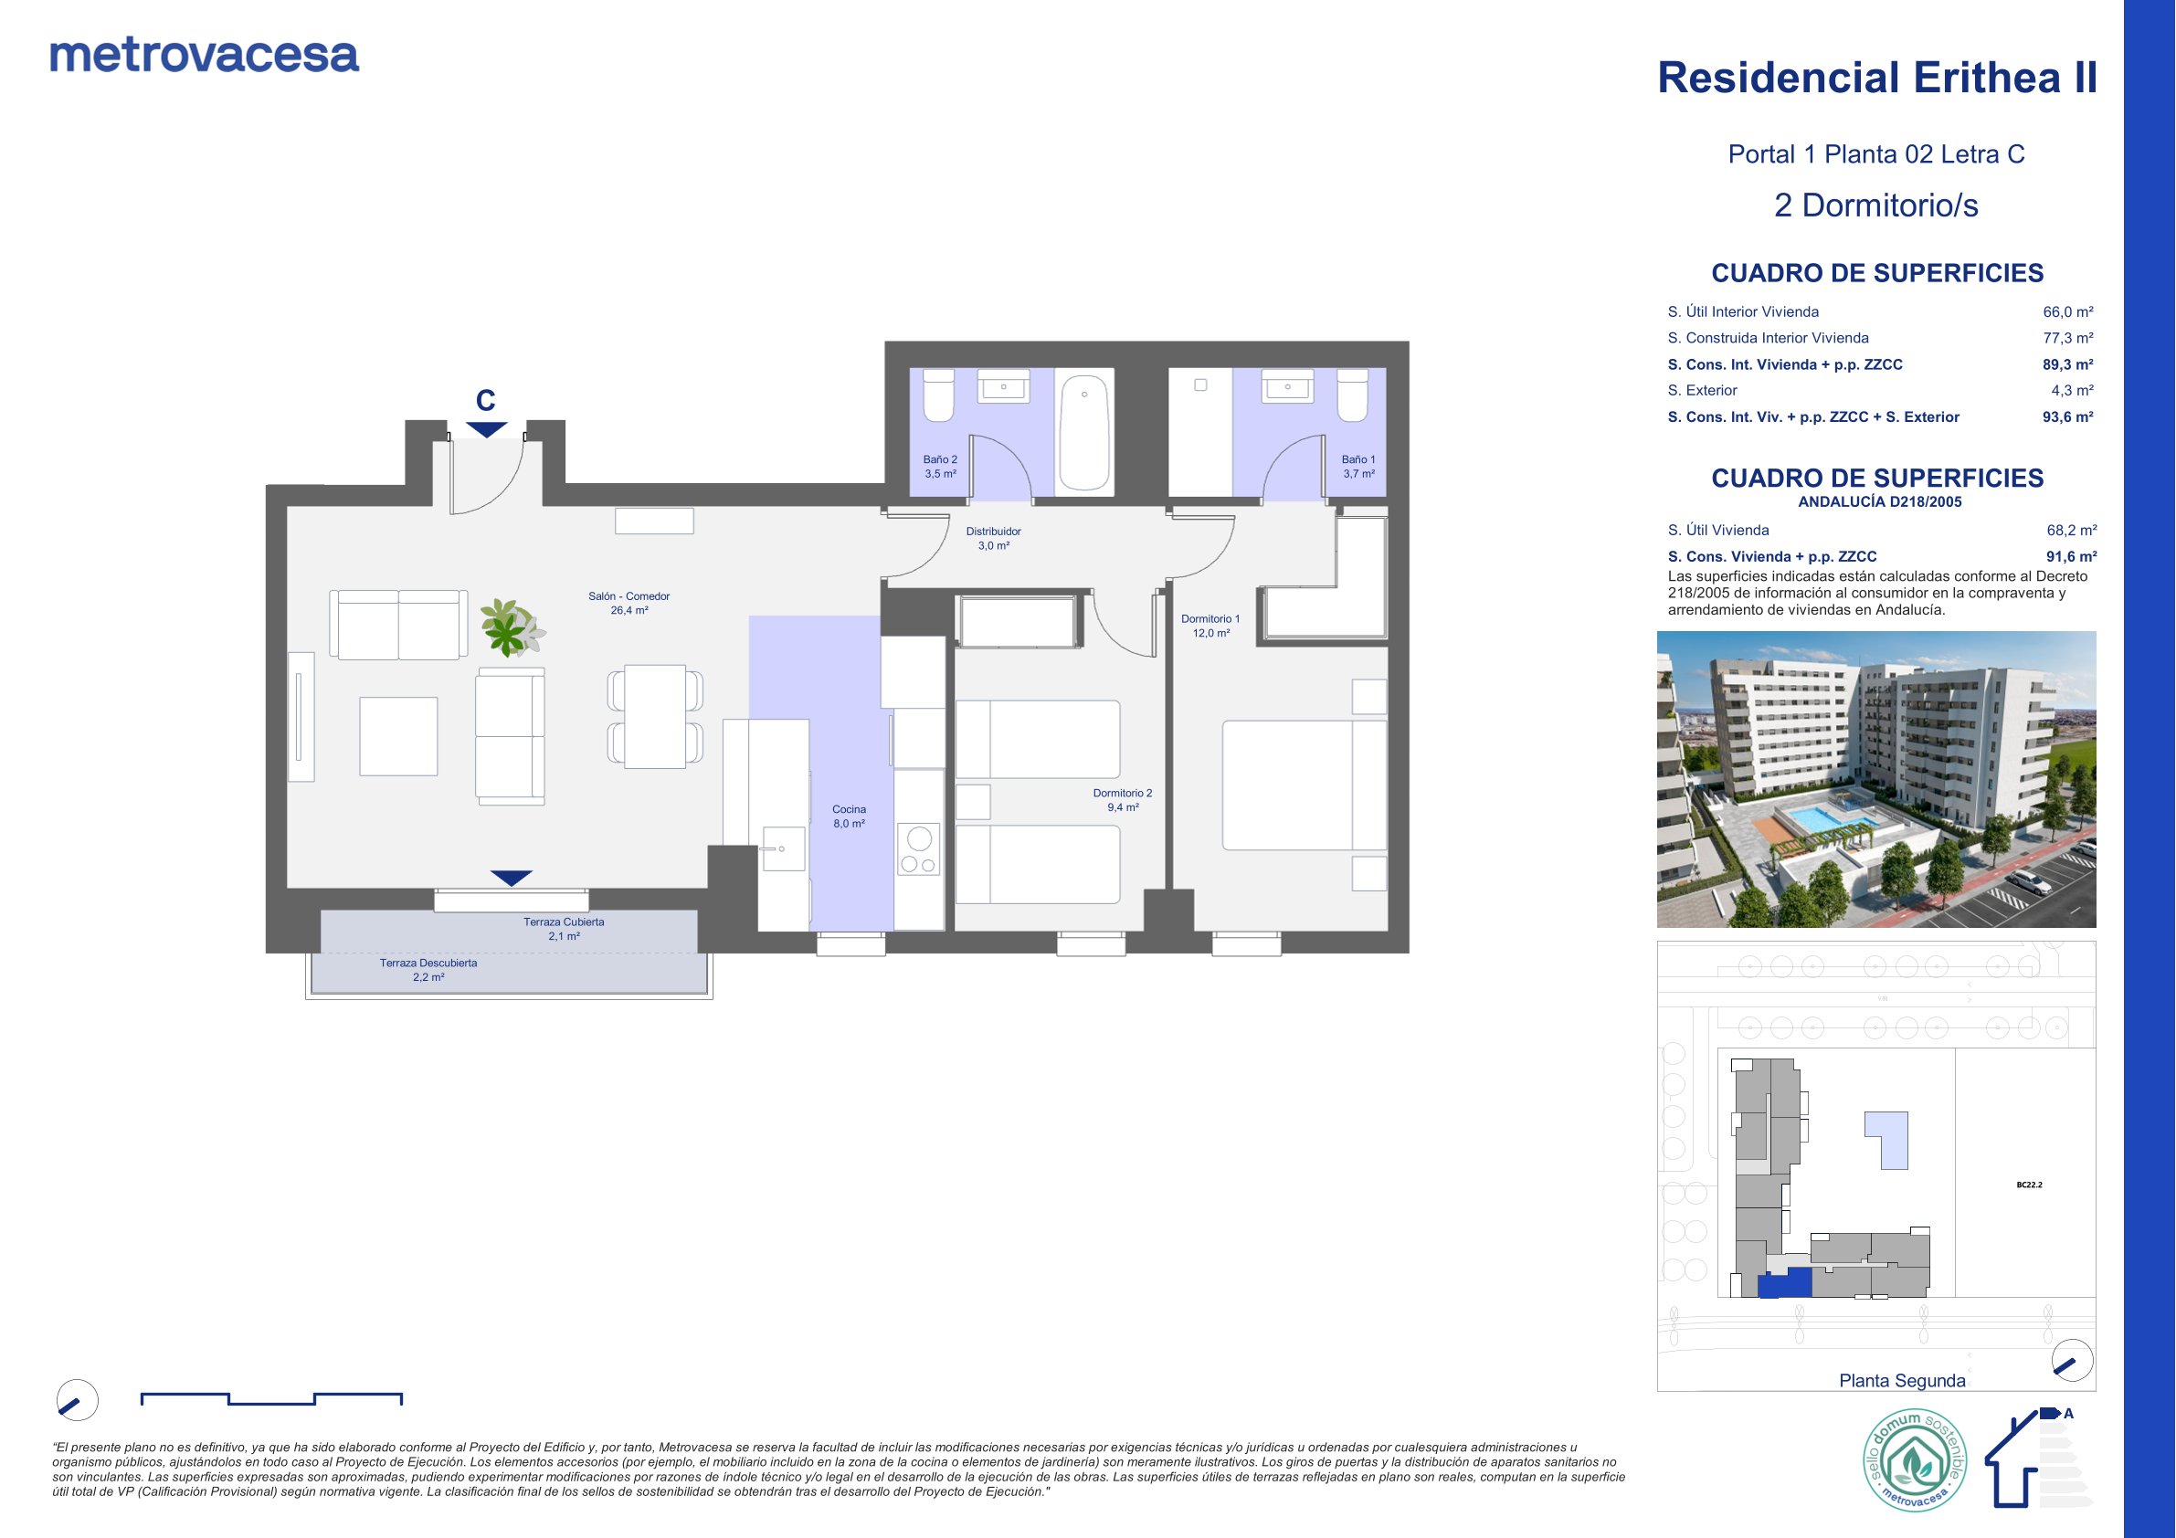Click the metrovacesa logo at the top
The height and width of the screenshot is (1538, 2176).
205,56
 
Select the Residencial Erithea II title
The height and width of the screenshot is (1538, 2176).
1876,78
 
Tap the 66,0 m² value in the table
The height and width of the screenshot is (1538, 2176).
2068,311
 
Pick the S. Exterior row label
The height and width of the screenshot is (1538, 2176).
1702,390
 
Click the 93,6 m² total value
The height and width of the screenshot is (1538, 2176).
2068,417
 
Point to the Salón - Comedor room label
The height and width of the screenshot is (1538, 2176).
629,596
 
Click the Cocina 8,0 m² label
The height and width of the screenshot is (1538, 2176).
850,816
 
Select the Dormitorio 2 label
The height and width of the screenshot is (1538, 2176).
1123,793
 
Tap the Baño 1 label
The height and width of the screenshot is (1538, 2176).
1358,459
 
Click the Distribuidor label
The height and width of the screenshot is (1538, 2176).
993,532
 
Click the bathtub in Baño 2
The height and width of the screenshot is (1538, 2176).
1084,432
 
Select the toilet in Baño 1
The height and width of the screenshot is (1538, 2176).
1352,395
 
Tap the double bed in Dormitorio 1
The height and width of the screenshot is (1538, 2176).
1305,785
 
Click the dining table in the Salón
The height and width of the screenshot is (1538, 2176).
655,716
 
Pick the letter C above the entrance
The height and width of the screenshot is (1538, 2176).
485,401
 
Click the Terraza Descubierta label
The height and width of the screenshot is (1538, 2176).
428,963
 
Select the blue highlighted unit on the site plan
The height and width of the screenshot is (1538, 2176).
1785,1282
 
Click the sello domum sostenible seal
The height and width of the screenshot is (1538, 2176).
1915,1461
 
